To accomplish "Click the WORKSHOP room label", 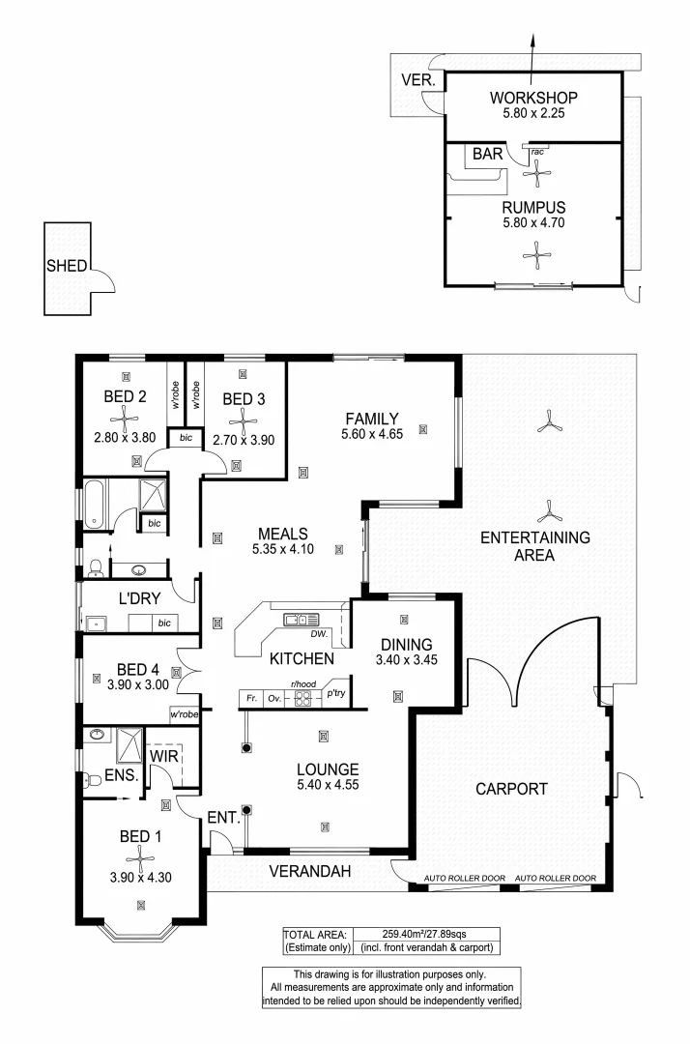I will (532, 98).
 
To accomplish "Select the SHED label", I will (67, 267).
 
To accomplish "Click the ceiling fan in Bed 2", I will (125, 418).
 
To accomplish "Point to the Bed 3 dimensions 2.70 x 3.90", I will (242, 438).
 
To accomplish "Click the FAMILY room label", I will (370, 419).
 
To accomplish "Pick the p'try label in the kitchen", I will (335, 694).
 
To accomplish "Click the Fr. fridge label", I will (250, 695).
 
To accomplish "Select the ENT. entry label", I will (223, 818).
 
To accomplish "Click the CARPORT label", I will (511, 789).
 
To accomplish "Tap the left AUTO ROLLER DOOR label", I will (464, 879).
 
